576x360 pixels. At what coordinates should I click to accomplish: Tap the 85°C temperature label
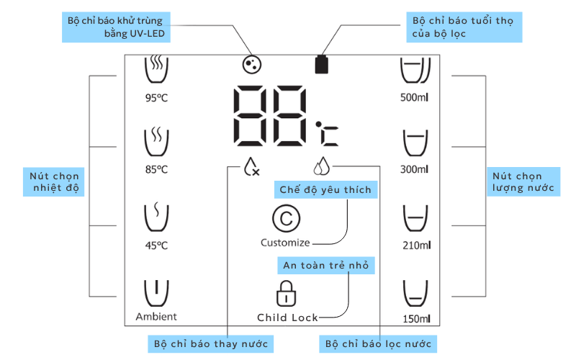(x=156, y=170)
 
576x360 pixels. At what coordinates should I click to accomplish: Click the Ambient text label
(x=156, y=316)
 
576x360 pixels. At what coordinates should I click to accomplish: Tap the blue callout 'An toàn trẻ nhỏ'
(x=326, y=266)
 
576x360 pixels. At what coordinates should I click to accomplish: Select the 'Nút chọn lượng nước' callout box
(x=524, y=182)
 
